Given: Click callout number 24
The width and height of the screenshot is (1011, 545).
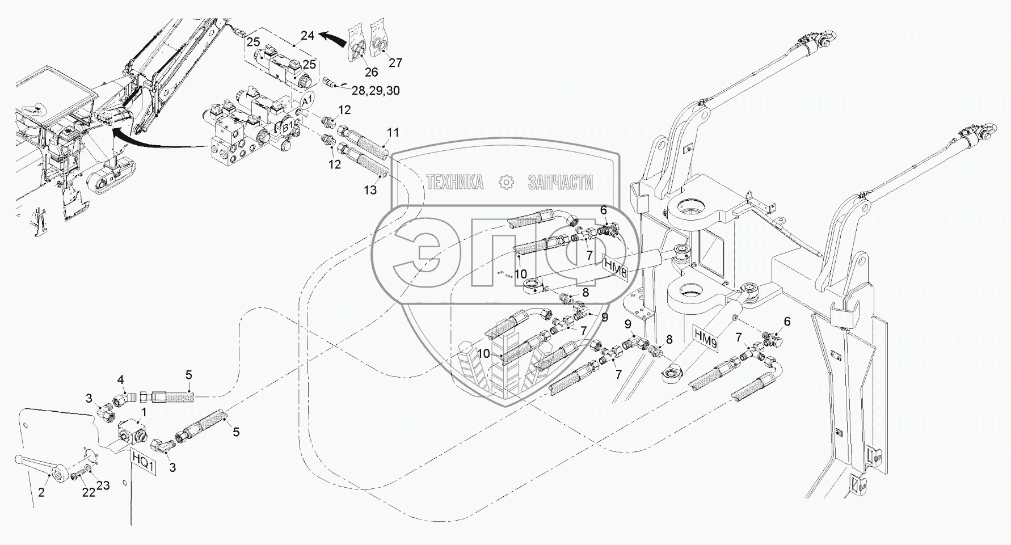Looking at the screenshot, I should tap(307, 36).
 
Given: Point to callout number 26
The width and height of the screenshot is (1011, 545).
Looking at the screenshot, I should tap(372, 72).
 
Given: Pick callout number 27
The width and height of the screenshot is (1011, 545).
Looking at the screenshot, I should tap(395, 62).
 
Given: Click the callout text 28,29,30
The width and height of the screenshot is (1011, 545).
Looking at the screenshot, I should tap(376, 90).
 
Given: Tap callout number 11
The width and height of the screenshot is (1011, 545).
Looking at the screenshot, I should tap(393, 133).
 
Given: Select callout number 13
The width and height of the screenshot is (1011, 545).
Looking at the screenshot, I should tap(370, 190).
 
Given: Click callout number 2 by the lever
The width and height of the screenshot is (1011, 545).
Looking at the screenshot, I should tap(41, 493).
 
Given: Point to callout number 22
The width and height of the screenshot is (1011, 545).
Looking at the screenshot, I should tap(88, 493).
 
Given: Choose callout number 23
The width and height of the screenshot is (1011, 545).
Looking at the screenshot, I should tap(103, 485).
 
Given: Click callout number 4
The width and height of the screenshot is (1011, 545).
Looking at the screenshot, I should tap(120, 379).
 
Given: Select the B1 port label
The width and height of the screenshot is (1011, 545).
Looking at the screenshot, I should tap(288, 127).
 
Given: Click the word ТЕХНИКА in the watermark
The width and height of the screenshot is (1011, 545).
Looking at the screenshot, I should tap(455, 182).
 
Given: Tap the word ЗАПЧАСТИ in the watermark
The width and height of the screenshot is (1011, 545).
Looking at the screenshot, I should tap(560, 182).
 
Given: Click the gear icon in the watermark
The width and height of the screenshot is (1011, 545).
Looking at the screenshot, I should tap(505, 182).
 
